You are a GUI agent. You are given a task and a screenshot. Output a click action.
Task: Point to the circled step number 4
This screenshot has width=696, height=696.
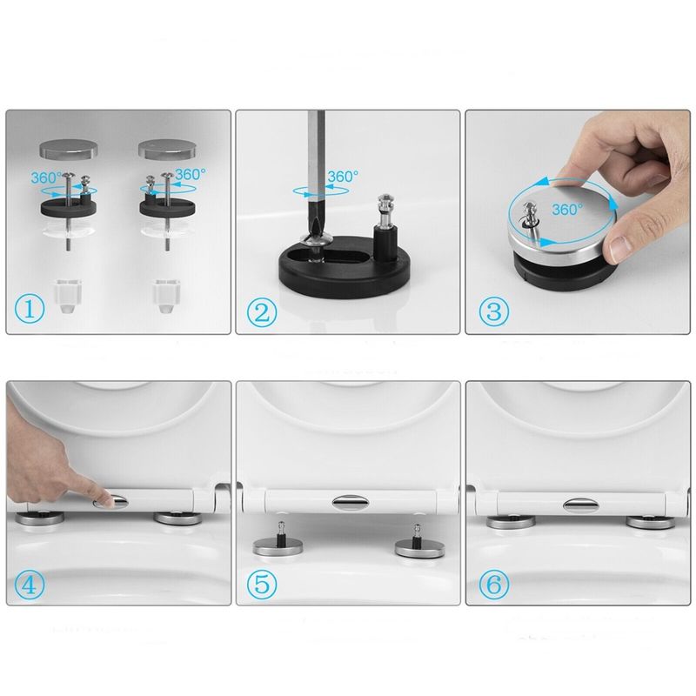click(x=31, y=584)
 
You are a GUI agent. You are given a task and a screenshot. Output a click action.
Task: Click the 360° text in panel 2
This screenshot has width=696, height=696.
click(x=342, y=177)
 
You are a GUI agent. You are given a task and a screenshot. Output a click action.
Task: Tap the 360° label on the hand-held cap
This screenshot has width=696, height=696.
click(x=566, y=210)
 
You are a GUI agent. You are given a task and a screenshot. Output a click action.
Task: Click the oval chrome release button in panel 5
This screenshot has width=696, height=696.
click(x=349, y=501)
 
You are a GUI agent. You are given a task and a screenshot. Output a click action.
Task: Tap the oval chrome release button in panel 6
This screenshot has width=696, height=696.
click(x=579, y=502)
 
